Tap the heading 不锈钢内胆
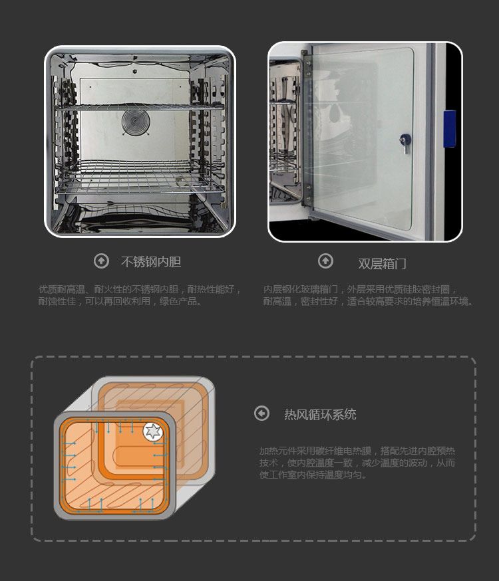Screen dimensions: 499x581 151,262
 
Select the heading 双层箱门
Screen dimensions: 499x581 382,264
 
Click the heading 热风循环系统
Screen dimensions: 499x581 320,414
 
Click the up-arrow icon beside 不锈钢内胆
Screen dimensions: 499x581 101,261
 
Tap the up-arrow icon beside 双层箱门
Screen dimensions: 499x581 325,261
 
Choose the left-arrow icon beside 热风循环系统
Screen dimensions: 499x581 261,413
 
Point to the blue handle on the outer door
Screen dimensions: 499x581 449,128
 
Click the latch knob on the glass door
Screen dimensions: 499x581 405,142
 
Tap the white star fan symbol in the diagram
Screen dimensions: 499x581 153,431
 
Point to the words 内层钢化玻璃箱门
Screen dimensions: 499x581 301,289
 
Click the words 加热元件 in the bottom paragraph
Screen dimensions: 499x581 277,451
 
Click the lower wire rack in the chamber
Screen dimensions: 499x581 140,176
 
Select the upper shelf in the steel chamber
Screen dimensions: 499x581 140,107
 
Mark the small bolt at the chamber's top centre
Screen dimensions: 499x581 134,69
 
